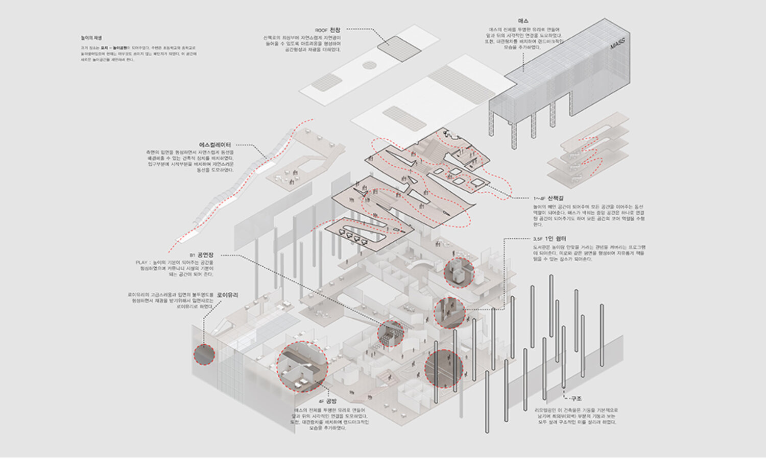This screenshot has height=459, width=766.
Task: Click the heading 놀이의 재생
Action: [x=91, y=38]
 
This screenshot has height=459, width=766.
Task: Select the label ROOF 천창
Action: [x=327, y=30]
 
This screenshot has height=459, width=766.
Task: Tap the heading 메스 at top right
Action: [x=523, y=21]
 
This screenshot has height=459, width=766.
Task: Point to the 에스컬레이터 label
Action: [x=214, y=145]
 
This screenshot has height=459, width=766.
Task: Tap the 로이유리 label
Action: [x=227, y=295]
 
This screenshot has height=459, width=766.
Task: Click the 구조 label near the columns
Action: [x=576, y=399]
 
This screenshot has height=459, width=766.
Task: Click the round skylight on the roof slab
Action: [x=370, y=65]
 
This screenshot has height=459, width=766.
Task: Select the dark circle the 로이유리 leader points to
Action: [x=204, y=353]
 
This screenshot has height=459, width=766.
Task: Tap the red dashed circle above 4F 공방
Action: [x=301, y=365]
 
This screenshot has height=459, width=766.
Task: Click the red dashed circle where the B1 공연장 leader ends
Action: [x=390, y=333]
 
